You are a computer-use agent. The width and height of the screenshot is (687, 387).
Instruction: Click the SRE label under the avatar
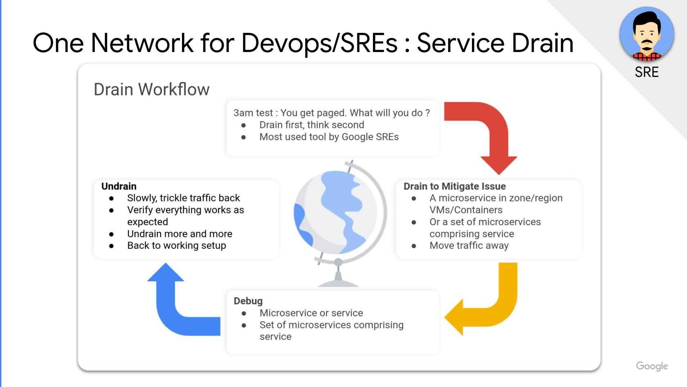pyautogui.click(x=647, y=72)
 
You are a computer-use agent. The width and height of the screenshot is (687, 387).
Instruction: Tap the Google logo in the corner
pyautogui.click(x=651, y=366)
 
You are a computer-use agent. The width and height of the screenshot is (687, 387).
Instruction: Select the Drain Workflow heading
pyautogui.click(x=151, y=89)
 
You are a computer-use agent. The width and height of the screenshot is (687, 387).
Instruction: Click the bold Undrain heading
pyautogui.click(x=119, y=186)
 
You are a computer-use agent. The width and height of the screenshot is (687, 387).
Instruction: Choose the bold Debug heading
pyautogui.click(x=248, y=301)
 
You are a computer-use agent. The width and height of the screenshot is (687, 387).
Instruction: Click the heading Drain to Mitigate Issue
pyautogui.click(x=454, y=186)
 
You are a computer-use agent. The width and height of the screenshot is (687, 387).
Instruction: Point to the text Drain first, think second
pyautogui.click(x=311, y=125)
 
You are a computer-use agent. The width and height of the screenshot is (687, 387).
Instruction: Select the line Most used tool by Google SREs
pyautogui.click(x=329, y=137)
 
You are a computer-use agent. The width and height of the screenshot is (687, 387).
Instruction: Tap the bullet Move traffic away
pyautogui.click(x=469, y=246)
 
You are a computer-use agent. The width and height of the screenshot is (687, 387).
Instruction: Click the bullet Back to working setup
pyautogui.click(x=176, y=246)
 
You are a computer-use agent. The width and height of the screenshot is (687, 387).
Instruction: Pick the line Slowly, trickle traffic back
pyautogui.click(x=183, y=198)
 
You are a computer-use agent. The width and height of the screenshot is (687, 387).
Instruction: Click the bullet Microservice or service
pyautogui.click(x=311, y=313)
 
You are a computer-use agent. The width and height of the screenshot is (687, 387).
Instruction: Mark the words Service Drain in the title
pyautogui.click(x=495, y=43)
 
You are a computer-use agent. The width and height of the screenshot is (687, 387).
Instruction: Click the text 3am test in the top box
pyautogui.click(x=252, y=113)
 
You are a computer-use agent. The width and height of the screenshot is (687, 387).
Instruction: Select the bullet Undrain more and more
pyautogui.click(x=180, y=234)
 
